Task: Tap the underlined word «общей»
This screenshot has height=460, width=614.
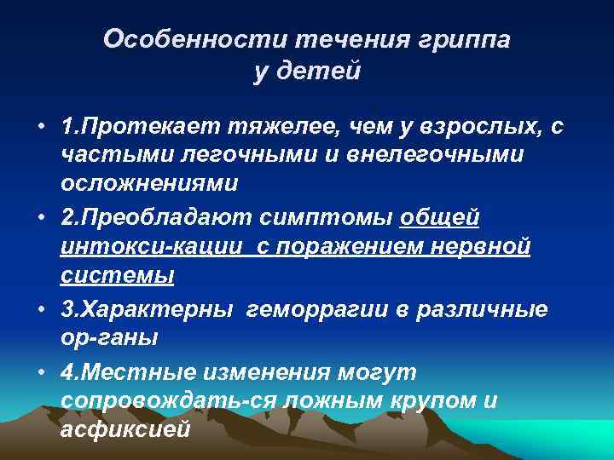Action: [x=439, y=217]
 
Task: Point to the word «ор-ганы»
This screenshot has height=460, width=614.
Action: [x=108, y=338]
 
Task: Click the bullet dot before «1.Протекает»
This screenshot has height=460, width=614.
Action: [x=41, y=128]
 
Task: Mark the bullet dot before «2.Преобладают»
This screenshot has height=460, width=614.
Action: [x=41, y=217]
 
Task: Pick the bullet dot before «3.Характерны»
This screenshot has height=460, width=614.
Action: [x=41, y=309]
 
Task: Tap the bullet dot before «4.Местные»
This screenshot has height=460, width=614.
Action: [x=41, y=371]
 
